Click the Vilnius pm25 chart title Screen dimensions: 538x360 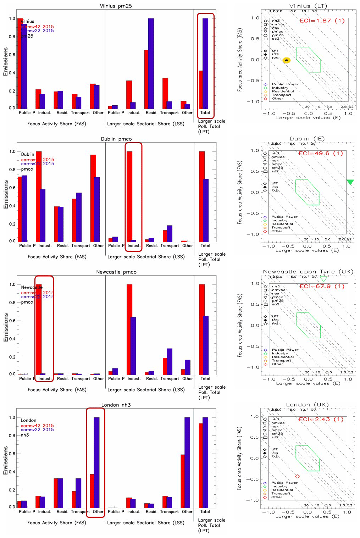click(116, 6)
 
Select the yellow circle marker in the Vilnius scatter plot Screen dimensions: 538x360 click(287, 61)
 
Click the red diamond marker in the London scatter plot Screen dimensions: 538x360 click(298, 476)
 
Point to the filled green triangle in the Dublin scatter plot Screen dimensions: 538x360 click(350, 182)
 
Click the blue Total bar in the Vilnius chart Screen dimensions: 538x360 click(205, 63)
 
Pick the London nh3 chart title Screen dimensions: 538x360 click(116, 405)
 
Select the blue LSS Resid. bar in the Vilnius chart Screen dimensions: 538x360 click(151, 63)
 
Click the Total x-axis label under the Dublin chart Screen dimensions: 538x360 click(205, 245)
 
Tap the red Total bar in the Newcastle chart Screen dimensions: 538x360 click(202, 329)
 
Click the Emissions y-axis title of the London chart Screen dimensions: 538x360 click(6, 460)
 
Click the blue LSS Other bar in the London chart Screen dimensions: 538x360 click(187, 462)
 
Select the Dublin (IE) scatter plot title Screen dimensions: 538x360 click(307, 139)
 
